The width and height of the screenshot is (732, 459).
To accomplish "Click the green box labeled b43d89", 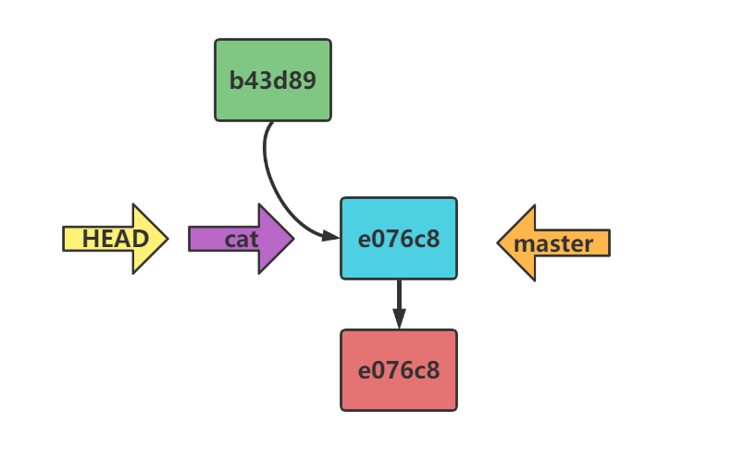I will click(272, 80).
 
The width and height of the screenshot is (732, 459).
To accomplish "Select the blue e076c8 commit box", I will click(398, 238).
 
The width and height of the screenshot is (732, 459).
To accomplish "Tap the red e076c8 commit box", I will click(398, 370).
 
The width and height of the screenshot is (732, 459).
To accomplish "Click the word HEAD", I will click(115, 239).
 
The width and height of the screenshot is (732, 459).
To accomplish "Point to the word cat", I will click(242, 240).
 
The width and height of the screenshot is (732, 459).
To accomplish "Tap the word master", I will click(553, 244).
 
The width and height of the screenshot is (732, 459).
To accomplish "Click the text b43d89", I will click(272, 80).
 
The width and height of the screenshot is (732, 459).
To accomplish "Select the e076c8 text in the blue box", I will click(398, 239).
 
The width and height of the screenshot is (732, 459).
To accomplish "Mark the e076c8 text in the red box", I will click(398, 370).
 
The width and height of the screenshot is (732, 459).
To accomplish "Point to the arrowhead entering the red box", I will click(399, 319).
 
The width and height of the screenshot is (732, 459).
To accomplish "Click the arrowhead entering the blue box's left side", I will click(331, 237).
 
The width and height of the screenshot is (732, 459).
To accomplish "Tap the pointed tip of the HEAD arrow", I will click(166, 239).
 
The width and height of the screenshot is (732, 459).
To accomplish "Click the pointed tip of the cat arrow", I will click(292, 239).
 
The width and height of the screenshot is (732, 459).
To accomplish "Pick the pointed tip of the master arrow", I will click(500, 242).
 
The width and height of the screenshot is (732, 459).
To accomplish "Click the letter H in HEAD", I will click(91, 239).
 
